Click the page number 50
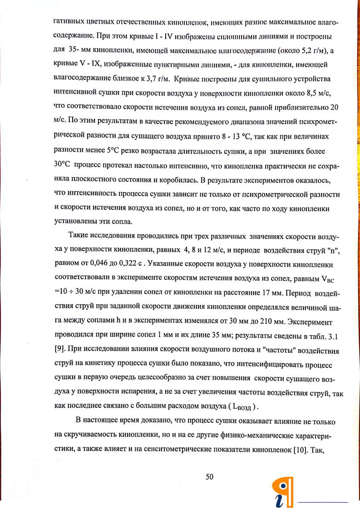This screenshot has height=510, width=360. (x=209, y=476)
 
